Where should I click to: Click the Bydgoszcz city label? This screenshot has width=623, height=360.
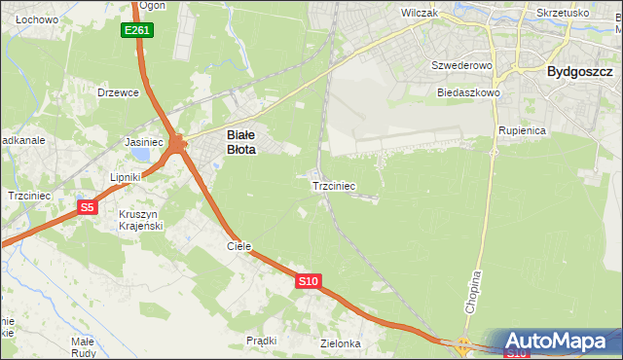click(x=579, y=72)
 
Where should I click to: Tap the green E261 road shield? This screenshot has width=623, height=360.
click(x=137, y=31)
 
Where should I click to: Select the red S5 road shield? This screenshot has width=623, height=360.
click(x=87, y=207)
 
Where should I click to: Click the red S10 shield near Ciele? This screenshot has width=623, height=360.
click(x=308, y=281)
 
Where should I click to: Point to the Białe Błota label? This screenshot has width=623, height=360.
click(x=241, y=143)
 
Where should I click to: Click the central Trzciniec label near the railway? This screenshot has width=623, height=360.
click(x=333, y=185)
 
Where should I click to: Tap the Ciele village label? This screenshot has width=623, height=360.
click(x=239, y=247)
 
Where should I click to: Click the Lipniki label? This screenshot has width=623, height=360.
click(x=127, y=177)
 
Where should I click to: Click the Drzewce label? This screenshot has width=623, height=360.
click(x=119, y=92)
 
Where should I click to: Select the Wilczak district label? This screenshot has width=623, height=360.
click(x=421, y=14)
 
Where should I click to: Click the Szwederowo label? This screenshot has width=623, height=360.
click(x=462, y=65)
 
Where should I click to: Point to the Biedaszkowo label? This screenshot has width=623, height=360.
click(x=468, y=92)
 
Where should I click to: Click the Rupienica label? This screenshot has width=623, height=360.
click(x=522, y=129)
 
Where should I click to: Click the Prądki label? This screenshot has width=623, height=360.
click(x=262, y=341)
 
